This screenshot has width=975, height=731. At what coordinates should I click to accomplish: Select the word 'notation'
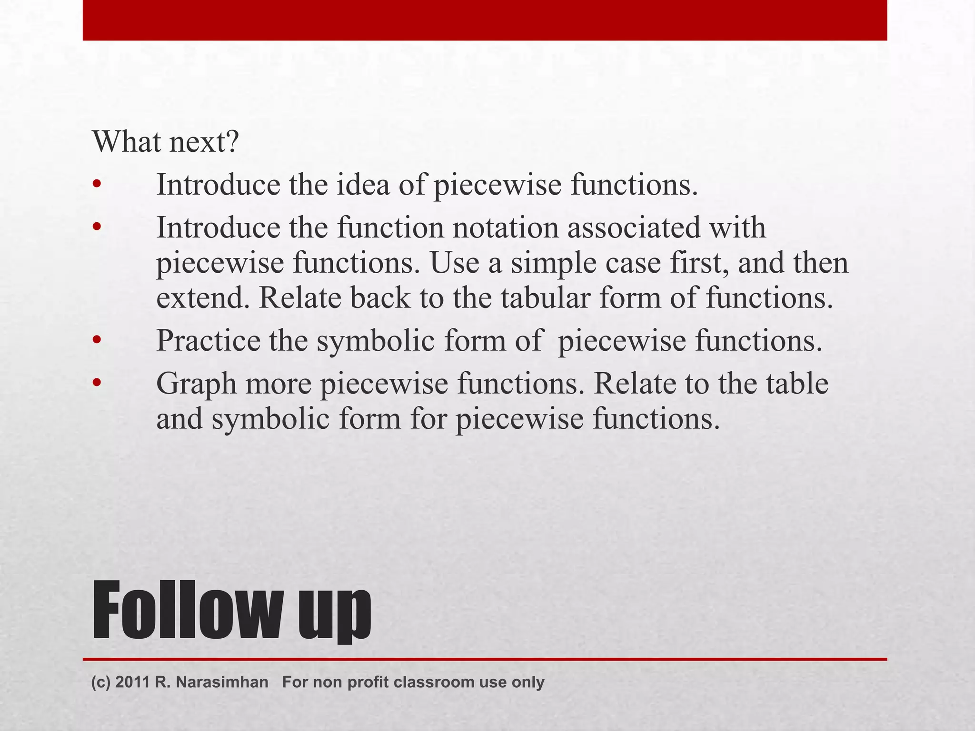(505, 227)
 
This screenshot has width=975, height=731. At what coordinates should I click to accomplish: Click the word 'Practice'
(208, 341)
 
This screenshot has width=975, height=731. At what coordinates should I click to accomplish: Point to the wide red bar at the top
(485, 20)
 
